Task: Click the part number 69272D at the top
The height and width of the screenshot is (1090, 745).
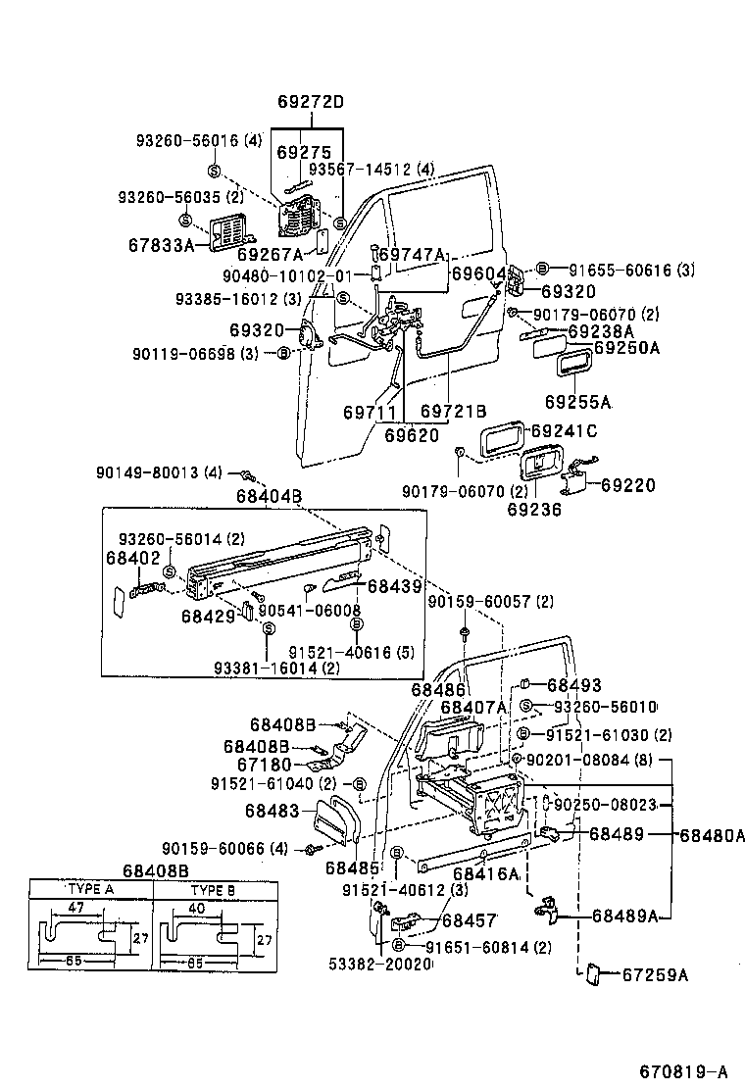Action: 310,102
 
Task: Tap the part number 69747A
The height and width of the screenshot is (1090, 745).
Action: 412,254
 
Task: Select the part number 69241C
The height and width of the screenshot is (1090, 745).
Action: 565,431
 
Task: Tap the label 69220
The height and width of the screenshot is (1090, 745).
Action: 628,485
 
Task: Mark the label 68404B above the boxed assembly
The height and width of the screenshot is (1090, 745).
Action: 268,496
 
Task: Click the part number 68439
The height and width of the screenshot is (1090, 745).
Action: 394,586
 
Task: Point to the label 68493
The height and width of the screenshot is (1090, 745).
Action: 574,685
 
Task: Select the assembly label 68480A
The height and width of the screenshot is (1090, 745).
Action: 713,835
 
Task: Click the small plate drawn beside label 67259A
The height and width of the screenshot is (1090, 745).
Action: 592,974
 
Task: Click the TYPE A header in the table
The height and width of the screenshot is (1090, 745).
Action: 91,891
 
